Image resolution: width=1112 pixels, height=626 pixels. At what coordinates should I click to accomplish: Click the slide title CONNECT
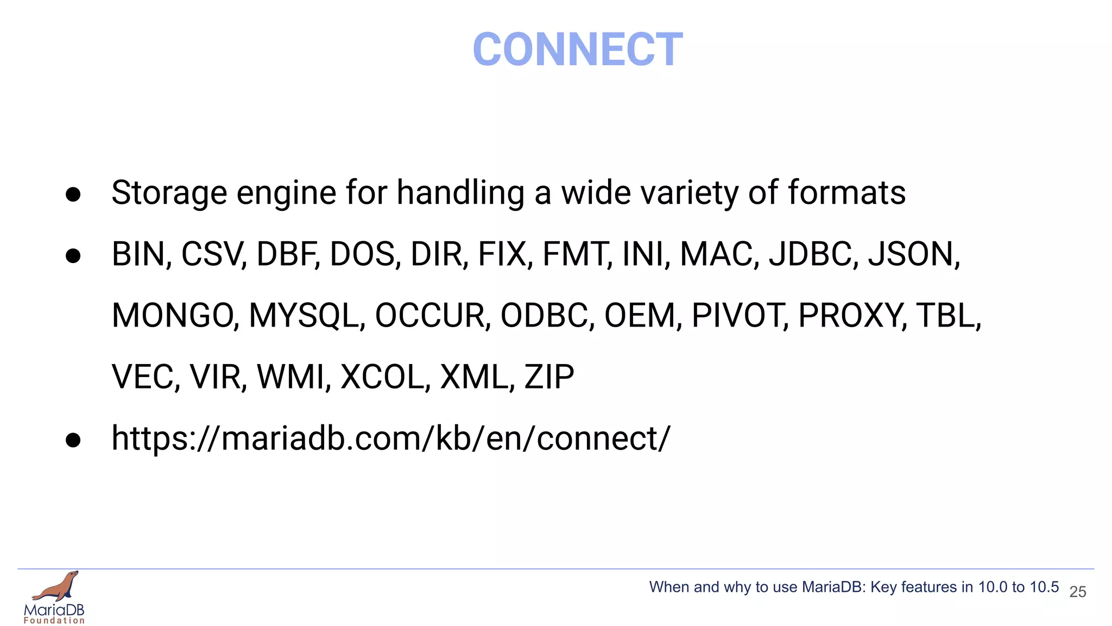tap(577, 49)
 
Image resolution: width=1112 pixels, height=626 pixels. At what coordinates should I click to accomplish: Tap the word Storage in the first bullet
tap(169, 193)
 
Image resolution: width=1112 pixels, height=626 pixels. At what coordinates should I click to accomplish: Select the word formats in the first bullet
tap(846, 193)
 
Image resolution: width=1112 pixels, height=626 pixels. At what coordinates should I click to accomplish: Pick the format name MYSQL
tap(305, 316)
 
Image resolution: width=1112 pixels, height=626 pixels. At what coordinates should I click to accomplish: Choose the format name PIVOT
tap(738, 316)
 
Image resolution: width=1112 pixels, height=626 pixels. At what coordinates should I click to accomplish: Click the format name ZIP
tap(549, 377)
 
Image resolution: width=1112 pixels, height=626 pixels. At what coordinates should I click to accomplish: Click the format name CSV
tap(211, 254)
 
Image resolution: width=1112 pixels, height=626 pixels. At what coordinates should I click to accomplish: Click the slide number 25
tap(1077, 592)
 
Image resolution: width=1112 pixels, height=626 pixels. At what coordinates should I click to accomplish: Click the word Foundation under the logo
tap(54, 621)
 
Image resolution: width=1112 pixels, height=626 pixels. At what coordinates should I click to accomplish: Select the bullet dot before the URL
tap(73, 440)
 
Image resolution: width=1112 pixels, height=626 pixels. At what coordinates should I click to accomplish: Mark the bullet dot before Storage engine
tap(73, 195)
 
